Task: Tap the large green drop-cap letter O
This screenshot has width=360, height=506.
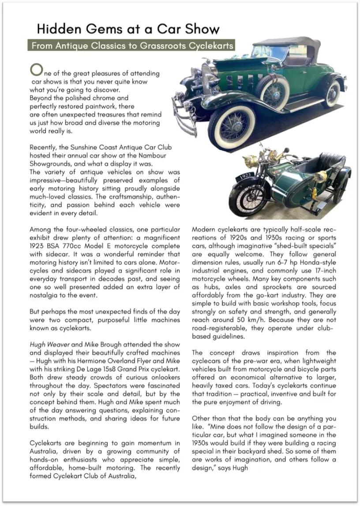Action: click(x=36, y=69)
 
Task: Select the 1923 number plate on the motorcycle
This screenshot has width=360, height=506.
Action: click(x=245, y=177)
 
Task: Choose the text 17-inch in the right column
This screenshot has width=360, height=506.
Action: click(x=323, y=271)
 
